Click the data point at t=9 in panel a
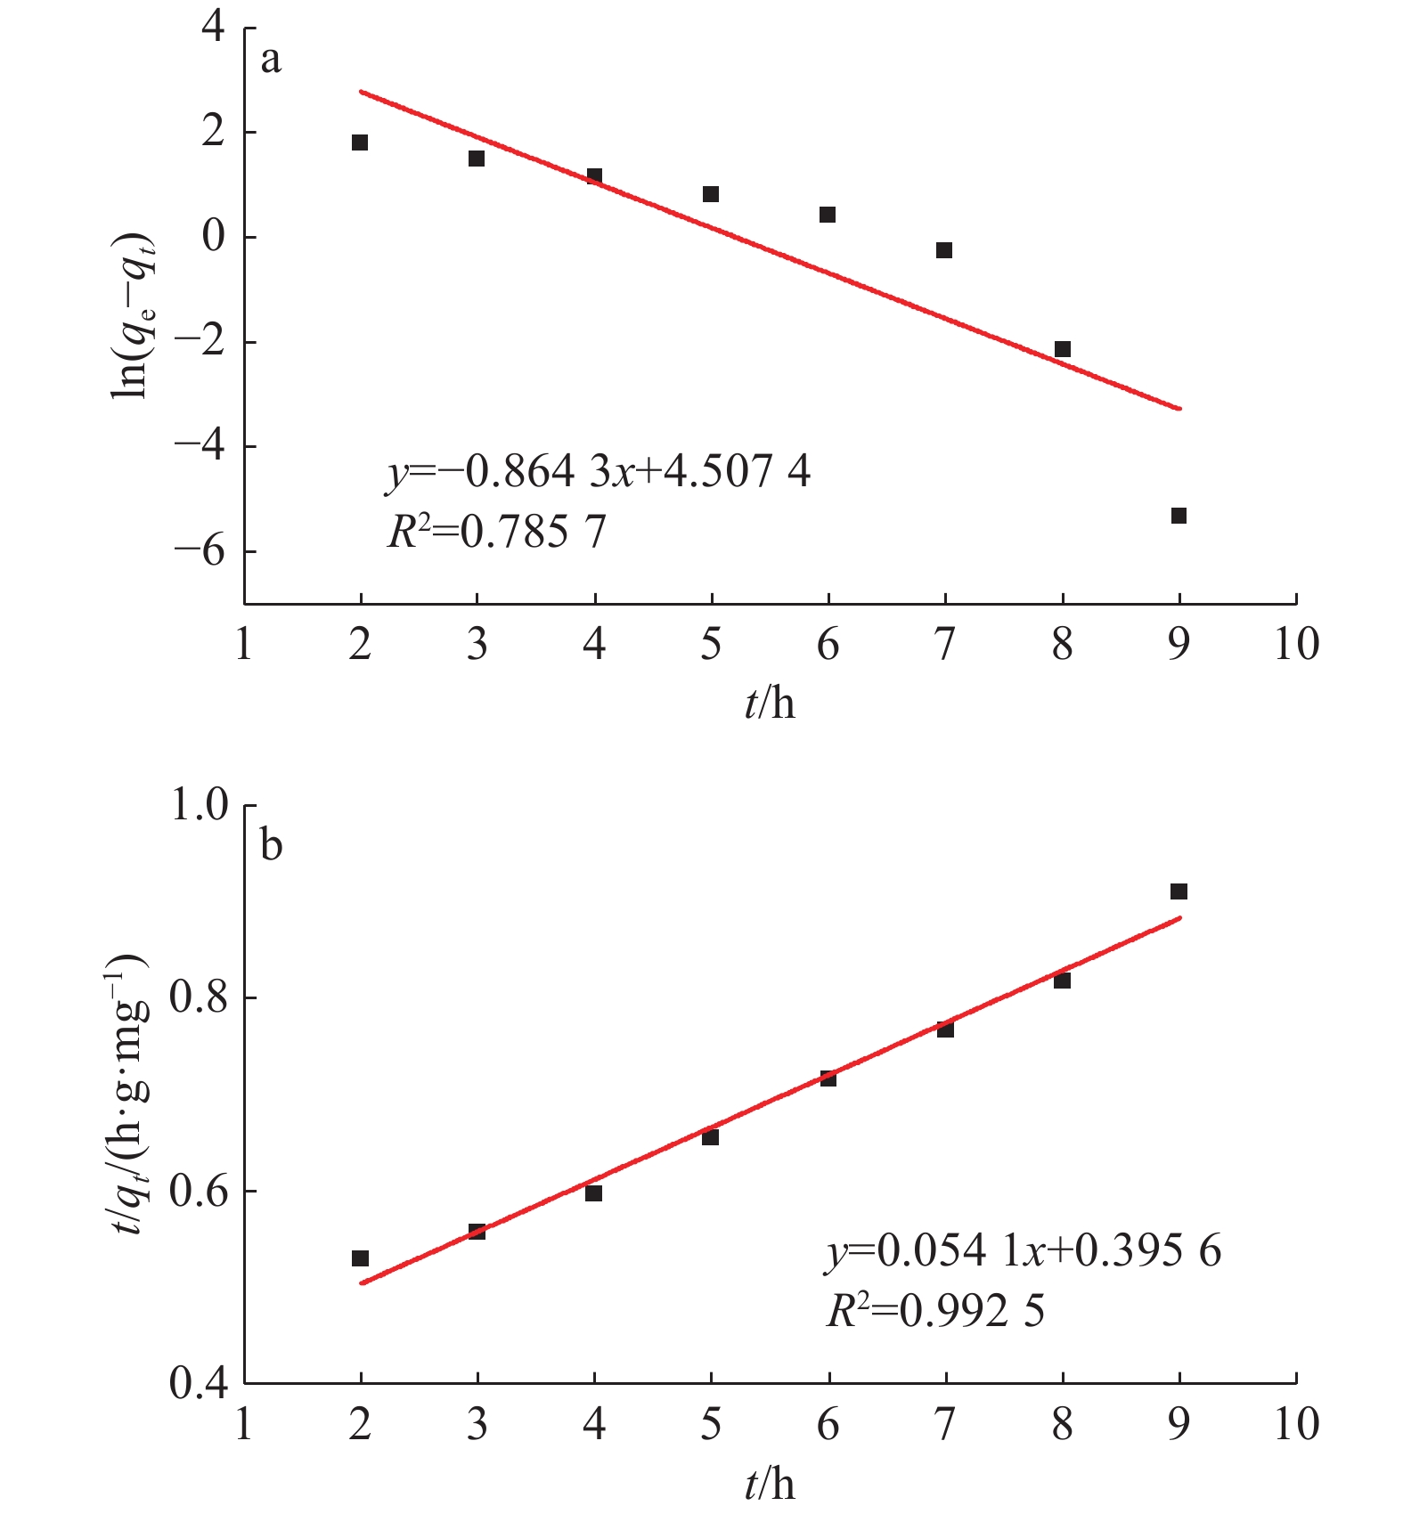pos(1179,516)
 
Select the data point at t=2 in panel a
pos(360,142)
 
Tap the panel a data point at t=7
pos(944,250)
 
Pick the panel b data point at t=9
pos(1179,891)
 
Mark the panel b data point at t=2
pos(360,1258)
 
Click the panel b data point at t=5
pos(710,1137)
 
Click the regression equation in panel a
pos(598,472)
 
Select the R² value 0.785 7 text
pos(496,533)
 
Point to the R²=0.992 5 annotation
pos(934,1311)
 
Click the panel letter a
pos(271,60)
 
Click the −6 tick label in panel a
pos(200,551)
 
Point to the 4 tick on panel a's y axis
pos(214,27)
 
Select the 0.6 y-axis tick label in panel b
pos(200,1191)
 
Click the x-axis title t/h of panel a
pos(770,704)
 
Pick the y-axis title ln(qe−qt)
pos(132,316)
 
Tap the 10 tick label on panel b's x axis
pos(1296,1425)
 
